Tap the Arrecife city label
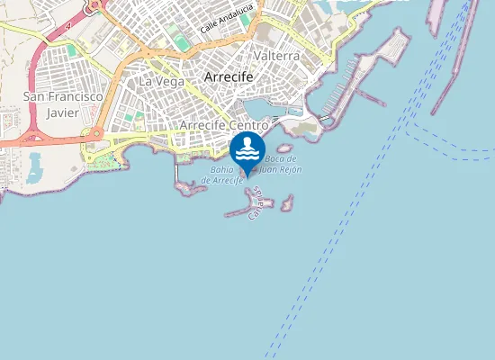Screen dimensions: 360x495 coord(229,77)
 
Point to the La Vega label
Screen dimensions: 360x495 coord(161,81)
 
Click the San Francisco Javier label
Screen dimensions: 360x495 coord(63,103)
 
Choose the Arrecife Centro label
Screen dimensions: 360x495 coord(225,125)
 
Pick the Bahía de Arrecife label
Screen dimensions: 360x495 coord(223,175)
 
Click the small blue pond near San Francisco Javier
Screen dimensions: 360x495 coord(35,165)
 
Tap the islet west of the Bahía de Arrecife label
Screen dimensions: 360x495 coord(187,186)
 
